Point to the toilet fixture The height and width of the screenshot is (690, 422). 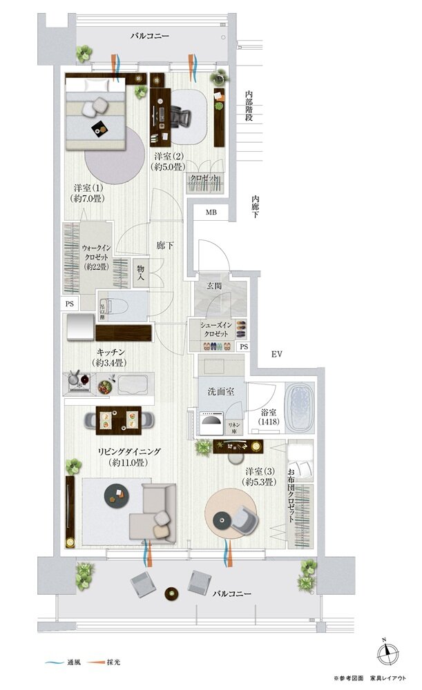click(x=111, y=308)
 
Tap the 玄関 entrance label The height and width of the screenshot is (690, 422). click(x=213, y=286)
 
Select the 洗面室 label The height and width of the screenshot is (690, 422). click(x=221, y=391)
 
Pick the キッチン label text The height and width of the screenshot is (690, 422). click(x=111, y=351)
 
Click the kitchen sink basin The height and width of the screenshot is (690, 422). click(x=133, y=383)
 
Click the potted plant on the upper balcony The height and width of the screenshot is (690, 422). click(x=85, y=53)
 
